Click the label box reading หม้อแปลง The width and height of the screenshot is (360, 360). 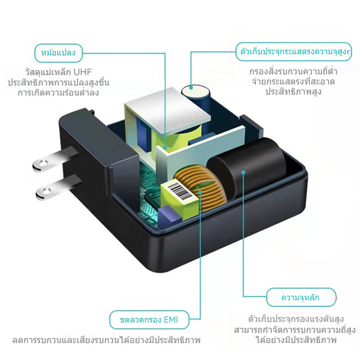[x=58, y=53]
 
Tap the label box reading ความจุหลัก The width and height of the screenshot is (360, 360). [x=301, y=297]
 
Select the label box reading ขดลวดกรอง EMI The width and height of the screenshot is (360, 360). [x=149, y=320]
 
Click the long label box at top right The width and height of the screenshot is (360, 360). [x=294, y=52]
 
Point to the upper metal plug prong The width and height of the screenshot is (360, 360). [x=55, y=158]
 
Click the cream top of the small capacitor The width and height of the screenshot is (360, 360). [x=196, y=90]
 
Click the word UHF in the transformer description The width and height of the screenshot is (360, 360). [x=83, y=72]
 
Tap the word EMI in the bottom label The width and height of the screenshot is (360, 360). [x=171, y=320]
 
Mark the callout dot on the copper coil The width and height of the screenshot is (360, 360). [x=200, y=192]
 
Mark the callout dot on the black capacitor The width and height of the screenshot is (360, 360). [x=243, y=172]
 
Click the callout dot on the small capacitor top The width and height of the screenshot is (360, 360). [x=191, y=87]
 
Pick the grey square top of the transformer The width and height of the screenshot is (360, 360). [x=168, y=108]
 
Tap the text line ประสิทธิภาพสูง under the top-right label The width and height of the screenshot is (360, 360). [x=293, y=92]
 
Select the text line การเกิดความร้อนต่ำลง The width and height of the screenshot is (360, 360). [x=58, y=92]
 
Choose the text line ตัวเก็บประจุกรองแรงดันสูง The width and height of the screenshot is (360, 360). [x=296, y=319]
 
